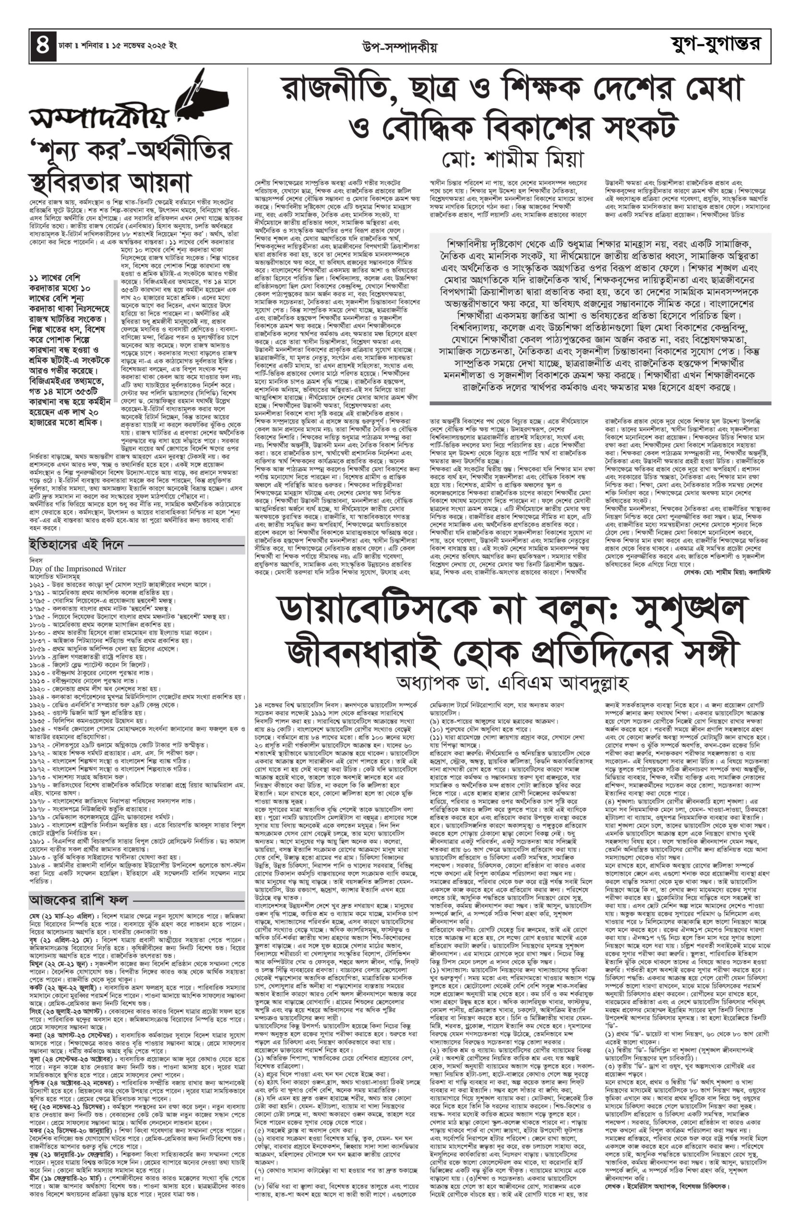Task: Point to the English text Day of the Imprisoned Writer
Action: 77,568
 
